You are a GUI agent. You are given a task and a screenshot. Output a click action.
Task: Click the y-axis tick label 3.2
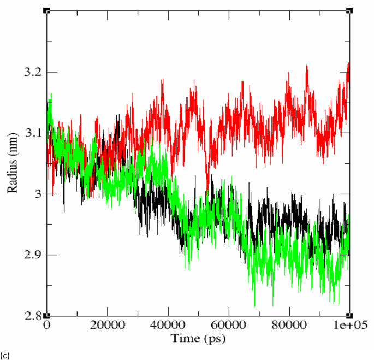(x=32, y=72)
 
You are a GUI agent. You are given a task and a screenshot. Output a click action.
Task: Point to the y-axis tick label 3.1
(x=32, y=133)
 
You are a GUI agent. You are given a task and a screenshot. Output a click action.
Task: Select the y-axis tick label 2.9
(x=32, y=255)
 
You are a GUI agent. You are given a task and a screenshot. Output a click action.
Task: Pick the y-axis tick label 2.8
(x=32, y=316)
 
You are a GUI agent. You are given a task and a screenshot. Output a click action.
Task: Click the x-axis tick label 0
(x=47, y=324)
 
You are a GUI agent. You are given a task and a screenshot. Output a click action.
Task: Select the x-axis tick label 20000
(x=107, y=324)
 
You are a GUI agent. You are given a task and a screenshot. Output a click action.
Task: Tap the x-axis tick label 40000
(x=168, y=324)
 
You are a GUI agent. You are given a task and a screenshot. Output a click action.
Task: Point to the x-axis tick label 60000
(x=228, y=324)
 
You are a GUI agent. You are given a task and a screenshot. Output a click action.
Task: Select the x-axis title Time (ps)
(x=197, y=338)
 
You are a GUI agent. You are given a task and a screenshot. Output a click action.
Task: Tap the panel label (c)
(x=5, y=355)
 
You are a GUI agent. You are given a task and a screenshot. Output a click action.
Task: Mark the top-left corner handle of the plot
(x=46, y=10)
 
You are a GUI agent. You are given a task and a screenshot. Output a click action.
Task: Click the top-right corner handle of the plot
(x=349, y=10)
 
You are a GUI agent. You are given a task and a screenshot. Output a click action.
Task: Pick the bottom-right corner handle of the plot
(x=349, y=316)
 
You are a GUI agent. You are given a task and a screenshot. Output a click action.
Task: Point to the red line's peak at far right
(x=348, y=63)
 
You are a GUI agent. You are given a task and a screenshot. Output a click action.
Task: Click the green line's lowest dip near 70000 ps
(x=254, y=306)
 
